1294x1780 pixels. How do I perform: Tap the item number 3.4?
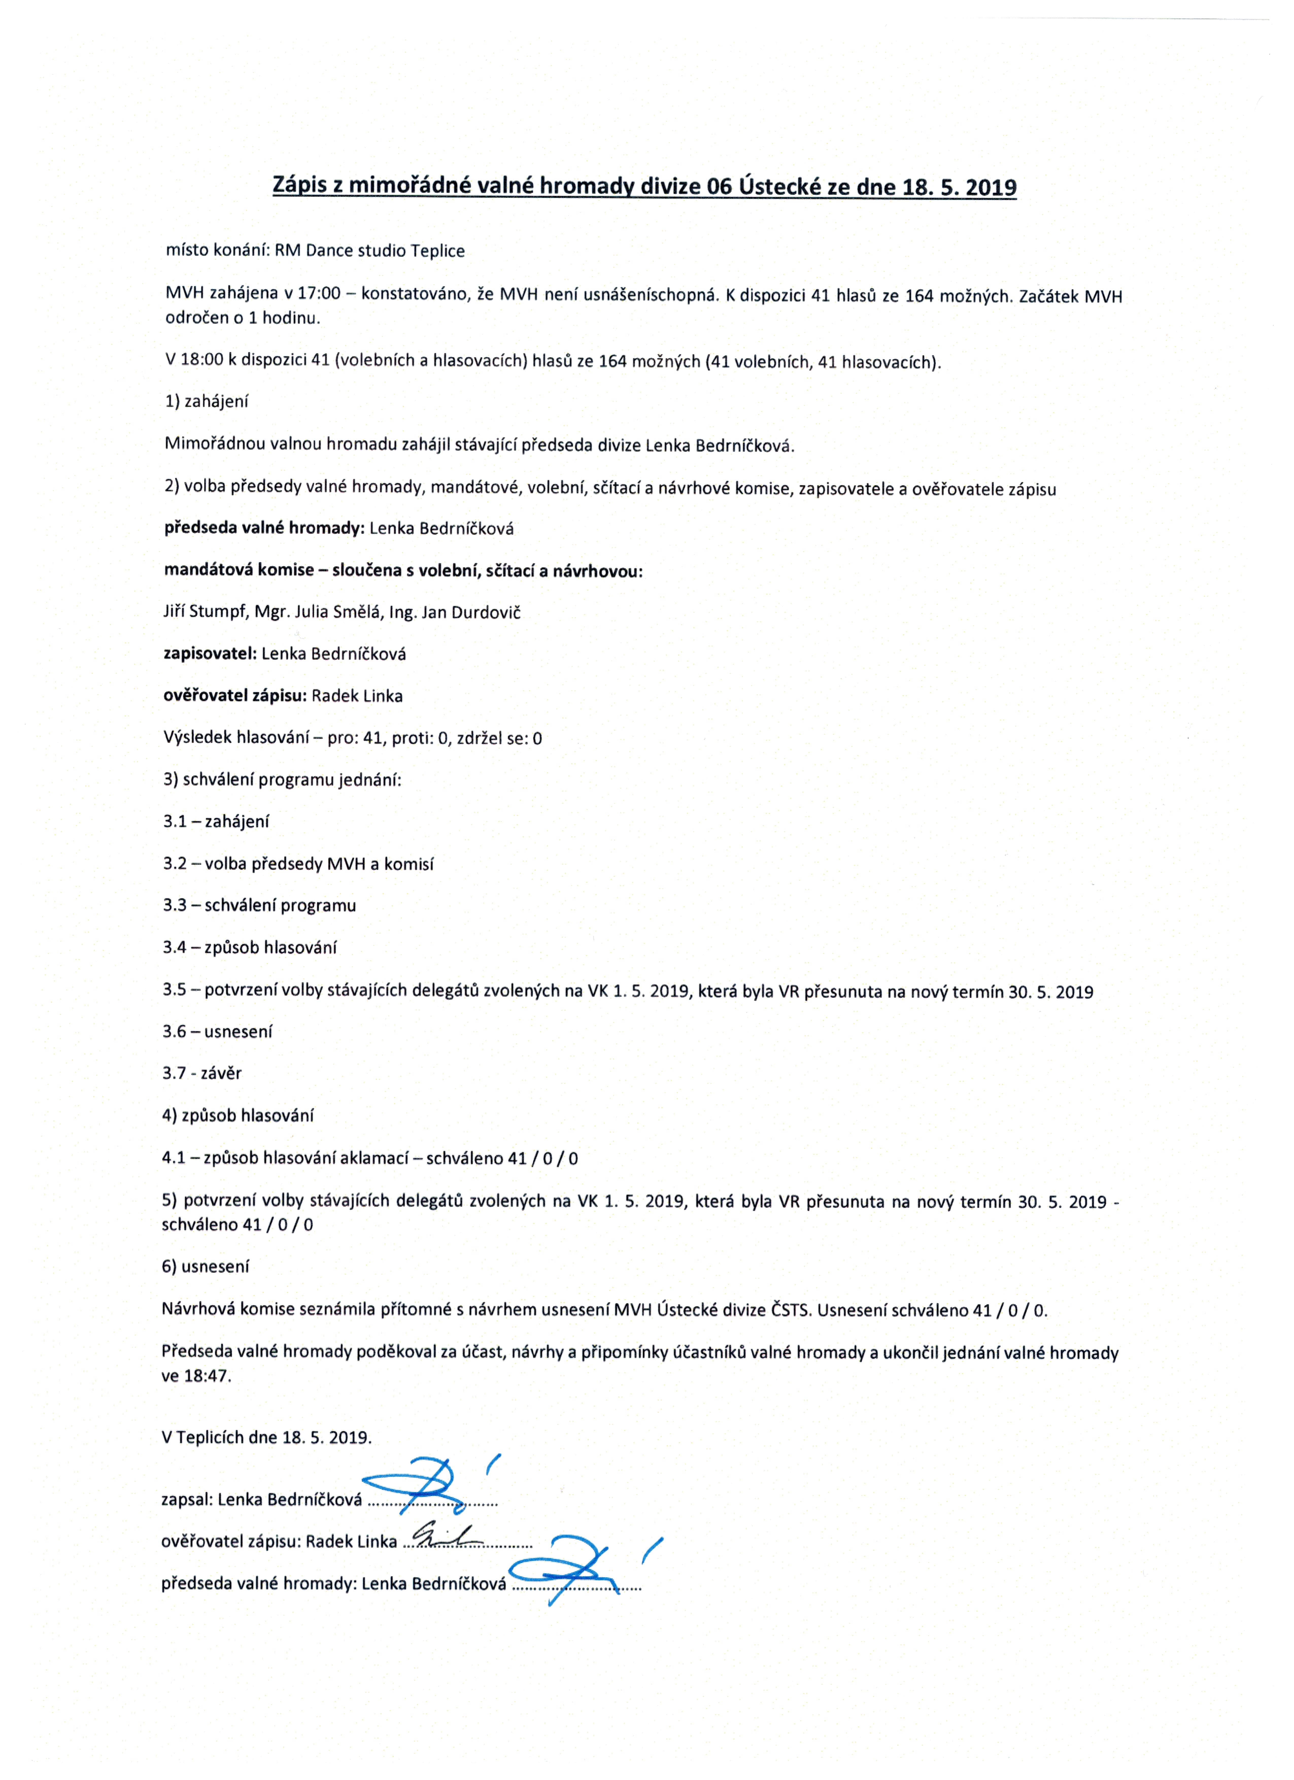(x=174, y=947)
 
